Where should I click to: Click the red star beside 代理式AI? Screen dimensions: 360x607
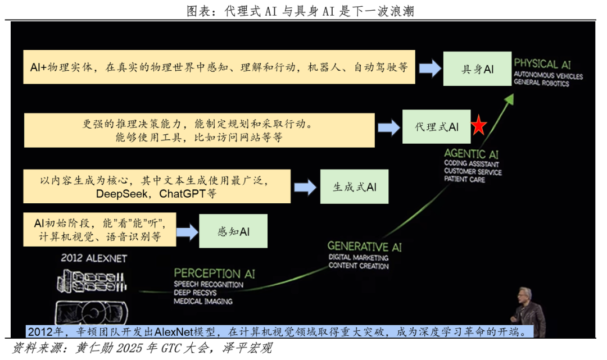click(478, 126)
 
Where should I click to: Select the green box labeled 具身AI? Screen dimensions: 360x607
click(477, 69)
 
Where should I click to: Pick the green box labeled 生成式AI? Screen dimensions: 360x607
click(355, 187)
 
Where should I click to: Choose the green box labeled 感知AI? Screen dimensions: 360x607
click(234, 231)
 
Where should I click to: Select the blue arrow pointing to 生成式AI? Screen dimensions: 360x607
click(305, 187)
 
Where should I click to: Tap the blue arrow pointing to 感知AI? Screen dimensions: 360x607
click(187, 231)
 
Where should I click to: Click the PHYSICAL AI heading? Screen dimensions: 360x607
click(543, 64)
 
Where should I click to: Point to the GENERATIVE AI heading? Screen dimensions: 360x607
click(365, 247)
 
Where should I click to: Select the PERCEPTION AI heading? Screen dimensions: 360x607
click(214, 274)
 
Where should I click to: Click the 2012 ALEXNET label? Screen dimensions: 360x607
click(93, 258)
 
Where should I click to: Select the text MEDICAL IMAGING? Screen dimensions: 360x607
click(203, 301)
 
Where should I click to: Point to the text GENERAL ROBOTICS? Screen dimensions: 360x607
click(541, 84)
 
